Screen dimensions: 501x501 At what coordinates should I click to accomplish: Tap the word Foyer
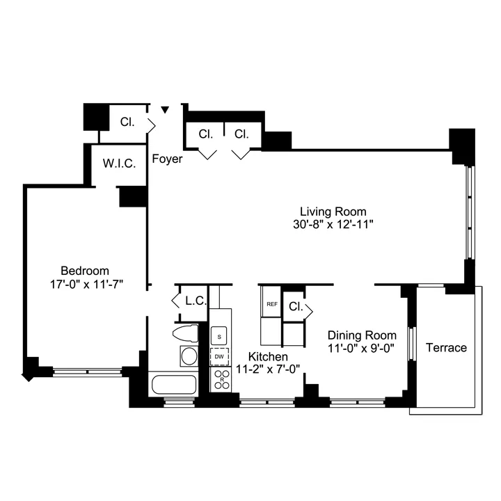click(167, 159)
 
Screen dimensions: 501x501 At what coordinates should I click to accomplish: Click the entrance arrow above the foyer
click(165, 110)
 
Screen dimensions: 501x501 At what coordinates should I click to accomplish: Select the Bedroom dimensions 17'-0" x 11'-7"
click(84, 284)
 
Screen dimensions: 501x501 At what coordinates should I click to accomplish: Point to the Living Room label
click(333, 212)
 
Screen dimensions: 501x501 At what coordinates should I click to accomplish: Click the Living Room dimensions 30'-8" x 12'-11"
click(333, 225)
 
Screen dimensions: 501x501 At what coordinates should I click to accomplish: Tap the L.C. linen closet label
click(193, 301)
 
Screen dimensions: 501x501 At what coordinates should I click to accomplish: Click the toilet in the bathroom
click(187, 335)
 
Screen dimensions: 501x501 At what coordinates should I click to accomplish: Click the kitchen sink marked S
click(220, 336)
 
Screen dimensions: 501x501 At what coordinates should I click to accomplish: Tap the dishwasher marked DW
click(220, 356)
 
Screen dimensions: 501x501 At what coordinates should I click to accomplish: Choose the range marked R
click(221, 379)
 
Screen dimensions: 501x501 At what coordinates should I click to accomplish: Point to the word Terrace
click(446, 347)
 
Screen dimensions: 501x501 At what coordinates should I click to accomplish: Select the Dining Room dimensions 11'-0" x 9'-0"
click(362, 349)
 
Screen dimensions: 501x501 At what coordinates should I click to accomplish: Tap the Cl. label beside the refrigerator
click(294, 306)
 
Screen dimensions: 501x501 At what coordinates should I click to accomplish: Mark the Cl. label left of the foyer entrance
click(127, 122)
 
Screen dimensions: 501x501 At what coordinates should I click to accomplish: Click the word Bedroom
click(85, 270)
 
